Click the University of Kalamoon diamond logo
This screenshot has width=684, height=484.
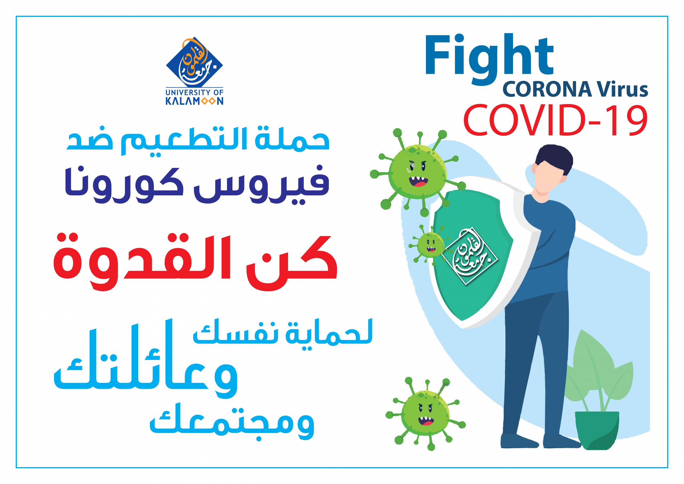click(194, 62)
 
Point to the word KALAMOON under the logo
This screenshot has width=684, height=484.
click(194, 101)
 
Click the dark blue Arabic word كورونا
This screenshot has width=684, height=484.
click(124, 185)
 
